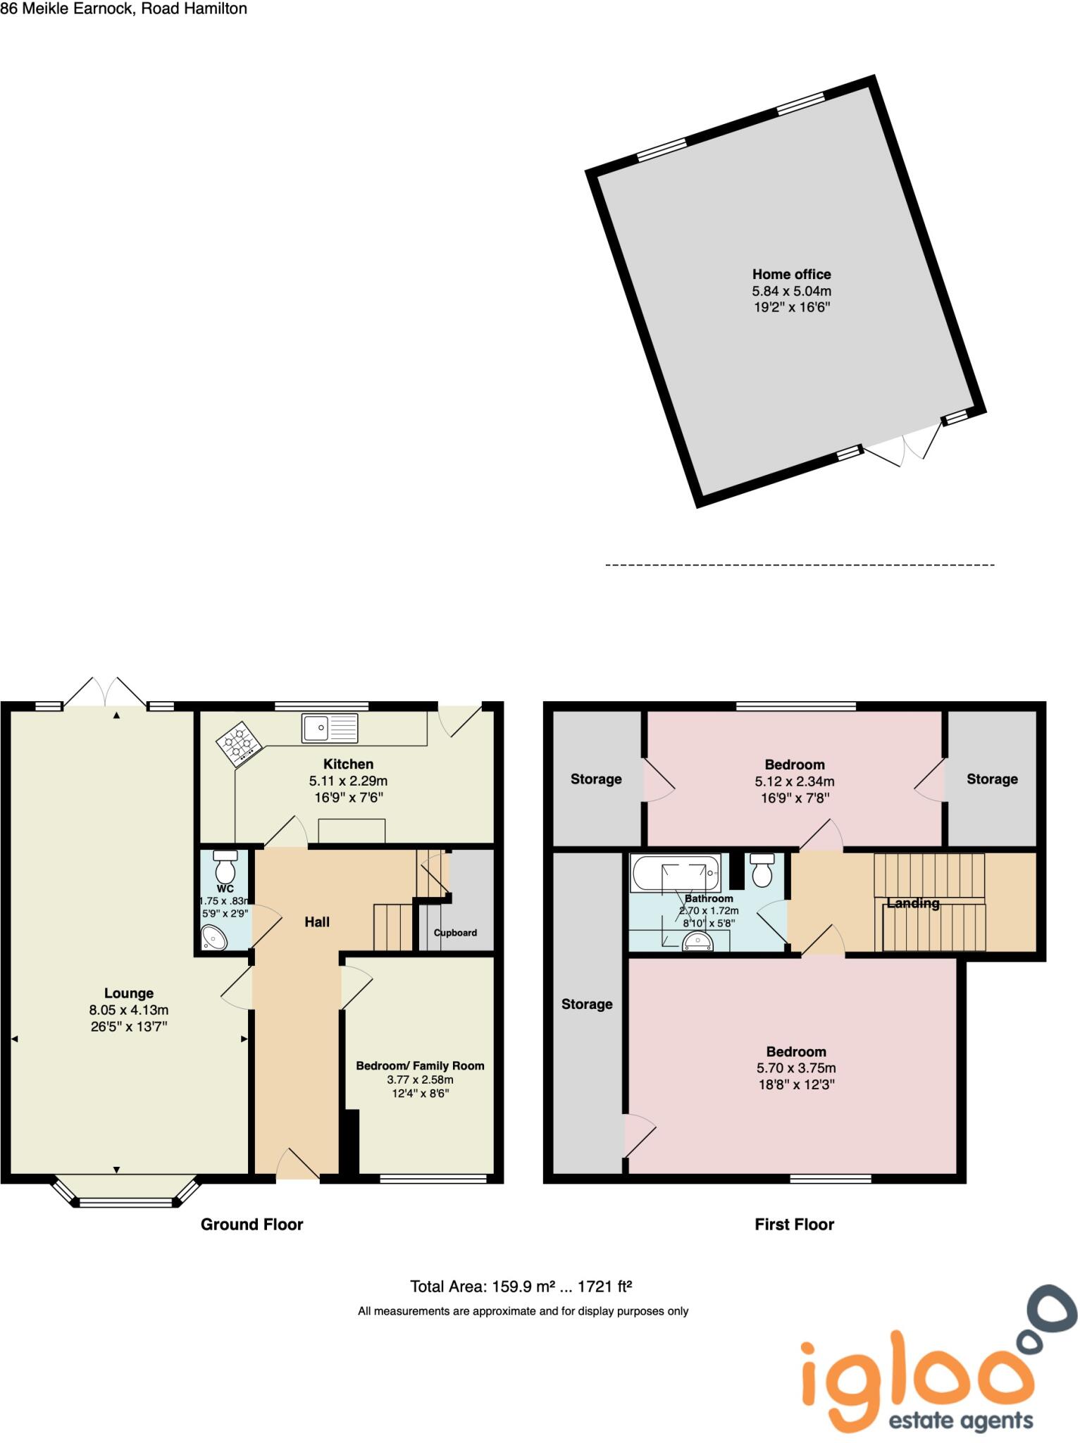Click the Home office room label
pos(791,274)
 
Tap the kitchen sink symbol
pos(330,727)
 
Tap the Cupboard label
pos(455,932)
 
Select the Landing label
pos(912,903)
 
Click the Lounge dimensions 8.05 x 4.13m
pos(128,1010)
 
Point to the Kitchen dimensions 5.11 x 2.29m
pos(348,781)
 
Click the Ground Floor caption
pos(252,1224)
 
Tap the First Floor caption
pos(794,1224)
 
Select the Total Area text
pos(521,1287)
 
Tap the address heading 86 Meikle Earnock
pos(123,9)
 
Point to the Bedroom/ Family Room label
pos(420,1065)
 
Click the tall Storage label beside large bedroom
pos(586,1004)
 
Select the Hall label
pos(317,922)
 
